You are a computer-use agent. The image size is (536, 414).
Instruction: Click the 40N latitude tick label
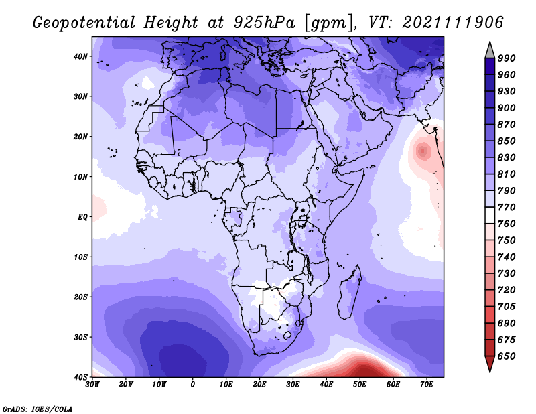tap(80, 56)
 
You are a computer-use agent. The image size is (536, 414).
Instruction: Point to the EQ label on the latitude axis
tap(82, 217)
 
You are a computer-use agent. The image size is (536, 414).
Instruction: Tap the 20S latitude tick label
tap(80, 297)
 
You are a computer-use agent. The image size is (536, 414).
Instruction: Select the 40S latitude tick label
tap(80, 377)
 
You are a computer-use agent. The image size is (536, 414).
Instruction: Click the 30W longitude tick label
tap(92, 385)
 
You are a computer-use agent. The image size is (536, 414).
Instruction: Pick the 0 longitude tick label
tap(193, 385)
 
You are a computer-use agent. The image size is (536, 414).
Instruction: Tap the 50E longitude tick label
tap(360, 385)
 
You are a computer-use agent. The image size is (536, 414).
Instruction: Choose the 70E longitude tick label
tap(427, 385)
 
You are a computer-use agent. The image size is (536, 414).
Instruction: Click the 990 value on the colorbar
tap(507, 58)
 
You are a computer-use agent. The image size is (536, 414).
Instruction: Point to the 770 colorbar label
tap(507, 207)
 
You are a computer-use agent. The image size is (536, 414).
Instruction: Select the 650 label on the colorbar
tap(507, 356)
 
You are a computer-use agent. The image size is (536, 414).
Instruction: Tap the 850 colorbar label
tap(507, 141)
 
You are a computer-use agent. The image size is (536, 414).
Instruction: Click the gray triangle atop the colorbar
tap(490, 52)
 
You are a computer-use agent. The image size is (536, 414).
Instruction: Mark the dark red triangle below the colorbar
tap(490, 362)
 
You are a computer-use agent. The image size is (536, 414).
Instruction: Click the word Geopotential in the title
tap(84, 23)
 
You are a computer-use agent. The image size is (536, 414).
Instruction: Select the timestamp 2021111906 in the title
tap(453, 23)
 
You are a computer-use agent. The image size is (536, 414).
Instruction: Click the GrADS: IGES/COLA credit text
tap(38, 409)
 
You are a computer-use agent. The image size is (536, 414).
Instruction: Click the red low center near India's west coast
tap(423, 151)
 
